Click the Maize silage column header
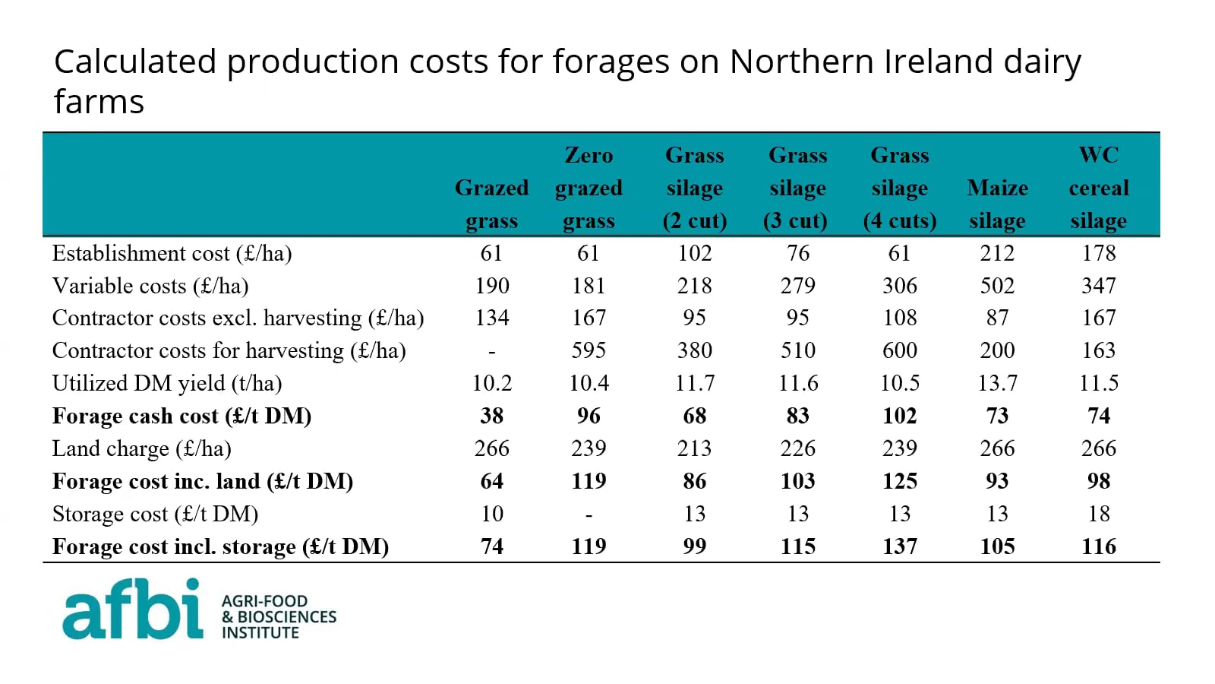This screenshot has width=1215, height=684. point(997,204)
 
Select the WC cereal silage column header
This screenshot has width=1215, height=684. point(1098,188)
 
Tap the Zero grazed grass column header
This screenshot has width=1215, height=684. point(589,188)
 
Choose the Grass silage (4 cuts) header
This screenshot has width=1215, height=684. point(899,188)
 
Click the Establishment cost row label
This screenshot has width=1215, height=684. point(172,253)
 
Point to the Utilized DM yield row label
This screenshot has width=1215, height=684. point(167,383)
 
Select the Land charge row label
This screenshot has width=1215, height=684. point(141,448)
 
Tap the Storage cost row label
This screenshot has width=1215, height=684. point(155,514)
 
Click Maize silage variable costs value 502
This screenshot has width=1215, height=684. point(997,286)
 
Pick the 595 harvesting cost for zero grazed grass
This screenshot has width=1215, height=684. point(589,350)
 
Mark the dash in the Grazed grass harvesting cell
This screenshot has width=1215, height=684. point(492,351)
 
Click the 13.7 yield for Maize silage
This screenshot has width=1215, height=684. point(997,383)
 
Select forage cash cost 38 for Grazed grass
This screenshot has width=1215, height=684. point(492,416)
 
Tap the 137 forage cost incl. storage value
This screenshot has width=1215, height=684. point(899,546)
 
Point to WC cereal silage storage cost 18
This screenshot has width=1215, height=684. point(1098,514)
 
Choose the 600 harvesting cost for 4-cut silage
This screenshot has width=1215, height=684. point(899,350)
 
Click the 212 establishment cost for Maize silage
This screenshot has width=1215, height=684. point(997,253)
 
